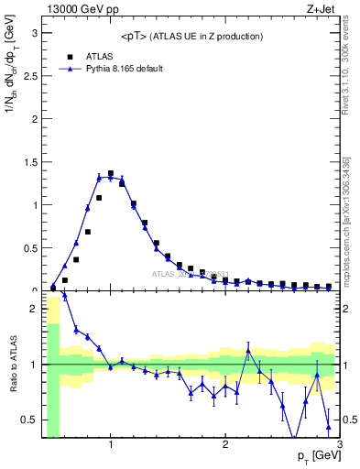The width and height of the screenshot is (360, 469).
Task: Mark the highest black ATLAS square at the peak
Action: tap(111, 173)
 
